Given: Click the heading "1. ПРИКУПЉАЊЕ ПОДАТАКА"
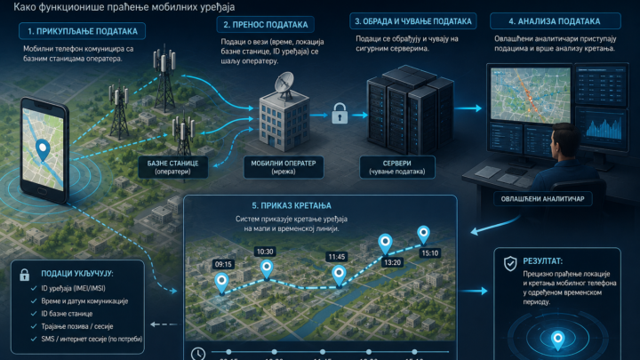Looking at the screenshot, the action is (82, 31).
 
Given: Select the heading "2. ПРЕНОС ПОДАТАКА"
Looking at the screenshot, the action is (265, 25).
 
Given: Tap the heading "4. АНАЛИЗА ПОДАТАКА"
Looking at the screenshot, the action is (555, 21).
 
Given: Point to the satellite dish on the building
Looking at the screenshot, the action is (284, 84).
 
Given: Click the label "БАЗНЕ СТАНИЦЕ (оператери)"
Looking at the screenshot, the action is (173, 167).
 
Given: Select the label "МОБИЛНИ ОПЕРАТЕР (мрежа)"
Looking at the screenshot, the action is (284, 167).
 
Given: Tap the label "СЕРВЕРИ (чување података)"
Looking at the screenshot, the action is (397, 167).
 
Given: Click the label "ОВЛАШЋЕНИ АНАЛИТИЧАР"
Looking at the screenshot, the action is (542, 199).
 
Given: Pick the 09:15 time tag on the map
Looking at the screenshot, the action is (223, 264).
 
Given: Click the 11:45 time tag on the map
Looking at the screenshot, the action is (337, 257).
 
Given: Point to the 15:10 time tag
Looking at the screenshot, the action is (430, 253).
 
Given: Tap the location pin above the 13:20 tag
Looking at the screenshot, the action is (385, 244).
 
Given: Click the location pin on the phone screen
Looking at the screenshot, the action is (43, 150).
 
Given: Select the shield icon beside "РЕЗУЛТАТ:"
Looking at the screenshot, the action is (510, 264).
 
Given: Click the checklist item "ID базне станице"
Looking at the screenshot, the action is (67, 314).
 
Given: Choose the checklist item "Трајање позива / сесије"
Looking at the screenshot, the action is (77, 326).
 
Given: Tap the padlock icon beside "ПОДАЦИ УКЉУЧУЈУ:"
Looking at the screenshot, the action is (25, 275).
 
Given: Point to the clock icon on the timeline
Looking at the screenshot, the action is (198, 354).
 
